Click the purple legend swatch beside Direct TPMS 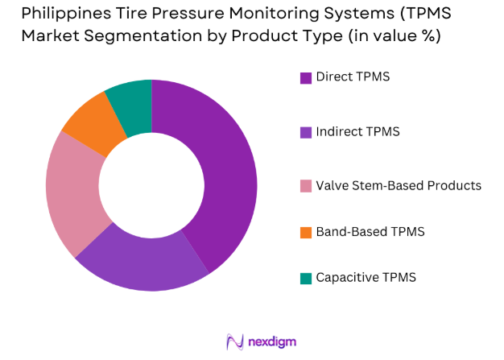click(306, 78)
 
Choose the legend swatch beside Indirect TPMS click(306, 131)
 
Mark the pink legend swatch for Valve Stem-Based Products click(306, 185)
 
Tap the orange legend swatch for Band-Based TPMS click(306, 232)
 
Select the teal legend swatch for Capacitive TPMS click(306, 278)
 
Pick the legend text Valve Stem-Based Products click(399, 185)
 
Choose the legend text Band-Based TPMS click(370, 232)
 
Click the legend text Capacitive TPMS click(366, 278)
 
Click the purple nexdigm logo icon click(236, 341)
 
